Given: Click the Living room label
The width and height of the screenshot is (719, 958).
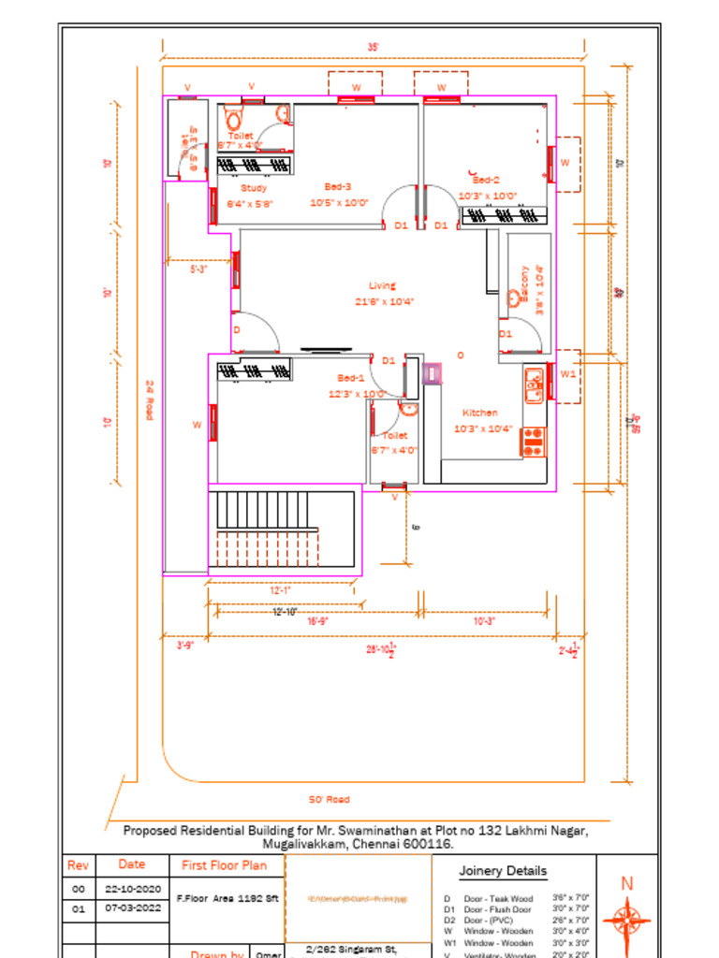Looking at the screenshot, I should [382, 286].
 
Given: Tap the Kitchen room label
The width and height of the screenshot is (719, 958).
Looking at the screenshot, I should [480, 413].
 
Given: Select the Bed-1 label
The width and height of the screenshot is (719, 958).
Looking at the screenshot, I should [351, 378].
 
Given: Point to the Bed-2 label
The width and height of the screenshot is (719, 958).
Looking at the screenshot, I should [486, 180].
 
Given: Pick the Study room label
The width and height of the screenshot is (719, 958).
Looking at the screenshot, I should [254, 188].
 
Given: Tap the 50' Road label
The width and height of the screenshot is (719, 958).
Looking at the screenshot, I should [329, 800].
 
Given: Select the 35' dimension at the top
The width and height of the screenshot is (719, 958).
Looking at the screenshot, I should [374, 46].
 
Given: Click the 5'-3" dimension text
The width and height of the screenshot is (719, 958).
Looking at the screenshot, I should [198, 269].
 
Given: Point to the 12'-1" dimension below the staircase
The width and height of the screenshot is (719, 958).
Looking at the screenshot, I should [281, 591].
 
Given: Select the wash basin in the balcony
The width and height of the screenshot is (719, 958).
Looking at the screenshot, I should [514, 299].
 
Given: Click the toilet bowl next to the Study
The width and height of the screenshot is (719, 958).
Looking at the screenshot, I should [234, 121].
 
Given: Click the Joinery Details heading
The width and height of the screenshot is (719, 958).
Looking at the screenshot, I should [503, 871].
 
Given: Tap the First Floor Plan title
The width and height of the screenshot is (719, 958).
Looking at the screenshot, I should [224, 865].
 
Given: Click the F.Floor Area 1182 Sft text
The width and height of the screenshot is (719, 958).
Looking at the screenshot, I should [227, 898].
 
